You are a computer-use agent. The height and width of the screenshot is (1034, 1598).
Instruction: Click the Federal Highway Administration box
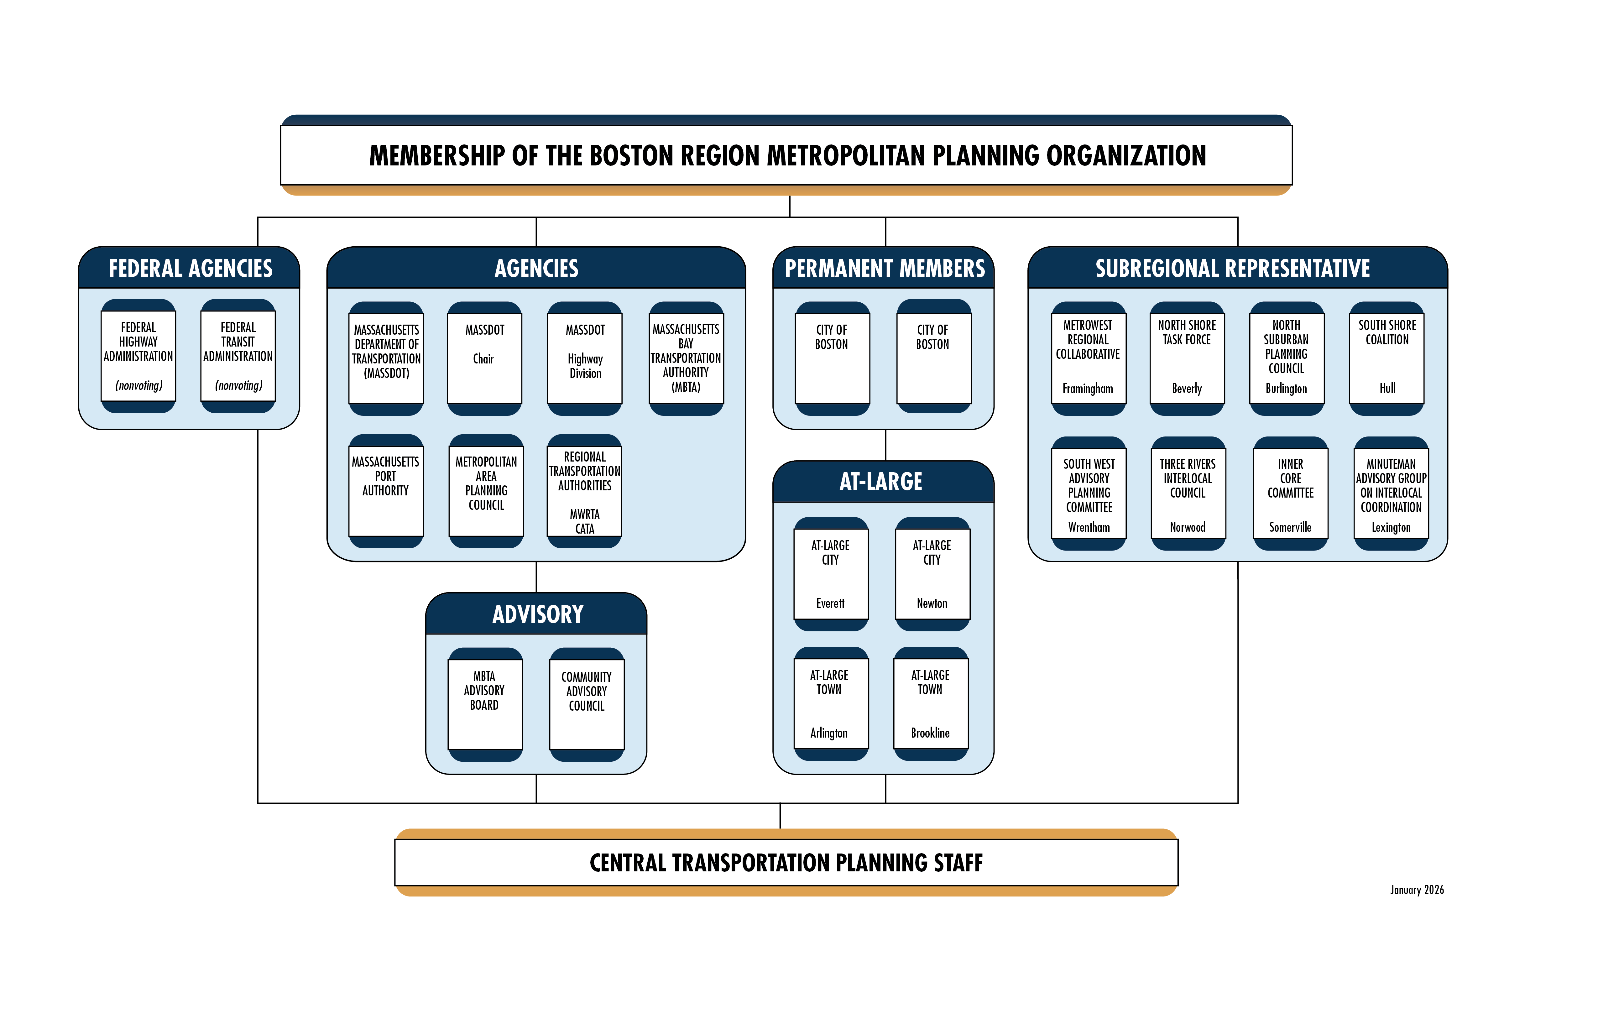click(x=138, y=357)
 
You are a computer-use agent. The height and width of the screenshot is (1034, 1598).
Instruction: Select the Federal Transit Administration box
click(x=238, y=357)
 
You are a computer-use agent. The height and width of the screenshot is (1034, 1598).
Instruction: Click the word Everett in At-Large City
click(x=831, y=603)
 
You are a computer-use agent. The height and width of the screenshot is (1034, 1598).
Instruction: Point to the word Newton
click(x=932, y=603)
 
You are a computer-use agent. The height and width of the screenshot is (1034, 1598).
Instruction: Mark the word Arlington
click(x=829, y=733)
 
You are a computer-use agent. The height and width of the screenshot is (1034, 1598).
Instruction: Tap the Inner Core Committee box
click(x=1291, y=494)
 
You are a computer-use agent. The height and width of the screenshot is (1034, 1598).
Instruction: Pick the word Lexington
click(x=1391, y=528)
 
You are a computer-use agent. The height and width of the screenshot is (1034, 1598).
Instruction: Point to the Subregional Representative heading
click(x=1233, y=269)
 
